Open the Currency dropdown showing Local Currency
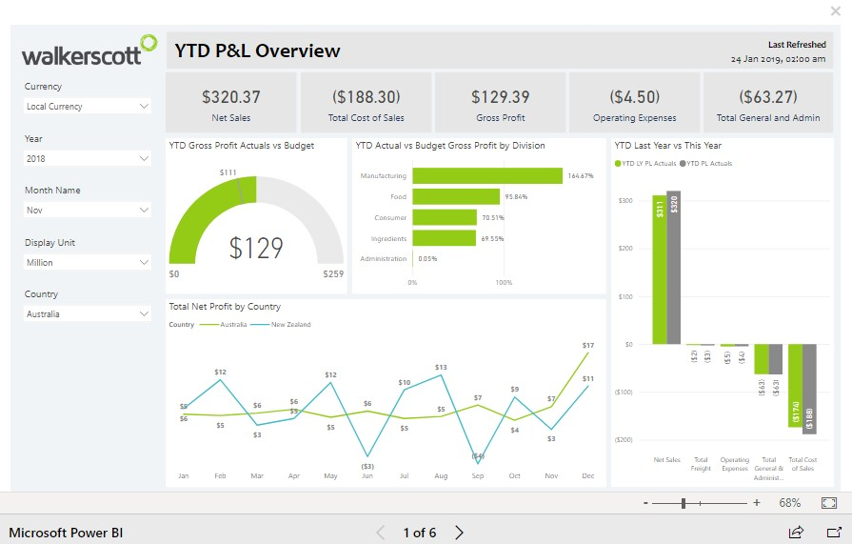tap(88, 107)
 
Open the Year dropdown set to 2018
tap(88, 159)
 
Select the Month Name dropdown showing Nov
tap(88, 210)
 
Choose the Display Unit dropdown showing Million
tap(88, 262)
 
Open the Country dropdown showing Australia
tap(88, 313)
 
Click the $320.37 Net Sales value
tap(231, 97)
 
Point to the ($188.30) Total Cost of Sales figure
tap(367, 97)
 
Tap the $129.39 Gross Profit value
tap(501, 97)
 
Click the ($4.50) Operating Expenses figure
tap(634, 97)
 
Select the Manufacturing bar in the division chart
tap(487, 176)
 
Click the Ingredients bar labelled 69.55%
tap(444, 238)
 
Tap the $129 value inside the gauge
tap(256, 248)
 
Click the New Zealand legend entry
tap(290, 325)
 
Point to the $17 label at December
tap(587, 345)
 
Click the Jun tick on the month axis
tap(367, 475)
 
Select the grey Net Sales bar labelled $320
tap(674, 268)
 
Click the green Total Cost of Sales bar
tap(795, 385)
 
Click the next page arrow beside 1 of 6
tap(459, 533)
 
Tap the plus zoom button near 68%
tap(757, 503)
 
